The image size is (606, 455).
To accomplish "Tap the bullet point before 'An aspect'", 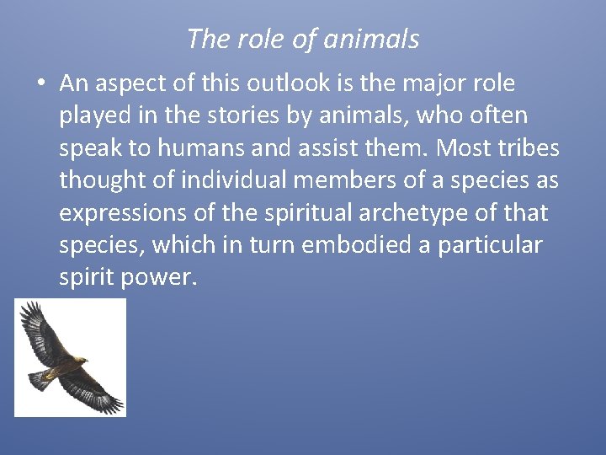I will point(40,84).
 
